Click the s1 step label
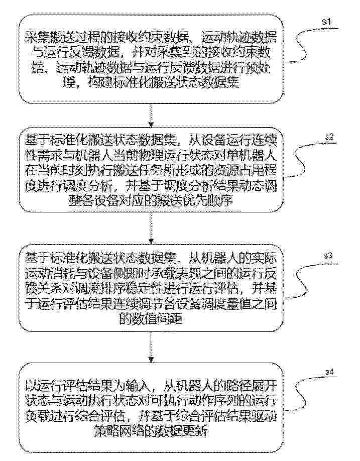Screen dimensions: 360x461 [327, 22]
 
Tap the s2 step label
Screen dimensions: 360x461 [329, 137]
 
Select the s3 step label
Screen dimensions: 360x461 [328, 256]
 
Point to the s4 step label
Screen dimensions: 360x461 [329, 372]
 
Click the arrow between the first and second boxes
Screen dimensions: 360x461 [151, 114]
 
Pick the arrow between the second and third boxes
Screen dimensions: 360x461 [151, 228]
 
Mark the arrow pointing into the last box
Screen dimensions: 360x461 [151, 347]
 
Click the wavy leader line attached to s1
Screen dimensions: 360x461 [306, 44]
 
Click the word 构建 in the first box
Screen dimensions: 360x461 [100, 83]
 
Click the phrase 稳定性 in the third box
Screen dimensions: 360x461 [165, 289]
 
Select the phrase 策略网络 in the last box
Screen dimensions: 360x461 [116, 431]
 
